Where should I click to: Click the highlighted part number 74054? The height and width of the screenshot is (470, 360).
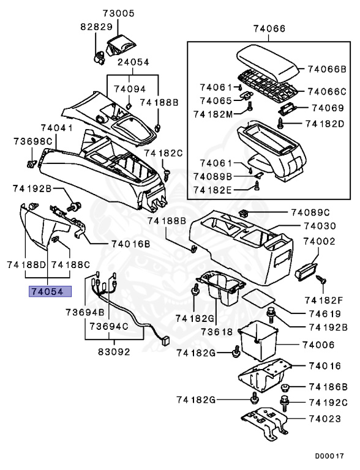tap(47, 291)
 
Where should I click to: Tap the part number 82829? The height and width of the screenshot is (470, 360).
tap(96, 28)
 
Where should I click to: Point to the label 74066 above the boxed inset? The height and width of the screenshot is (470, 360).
tap(269, 29)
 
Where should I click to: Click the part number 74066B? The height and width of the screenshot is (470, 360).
tap(326, 70)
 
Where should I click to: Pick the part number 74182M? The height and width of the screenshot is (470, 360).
tap(212, 114)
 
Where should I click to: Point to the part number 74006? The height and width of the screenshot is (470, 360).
tap(321, 345)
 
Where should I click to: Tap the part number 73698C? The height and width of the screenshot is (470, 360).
tap(33, 141)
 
